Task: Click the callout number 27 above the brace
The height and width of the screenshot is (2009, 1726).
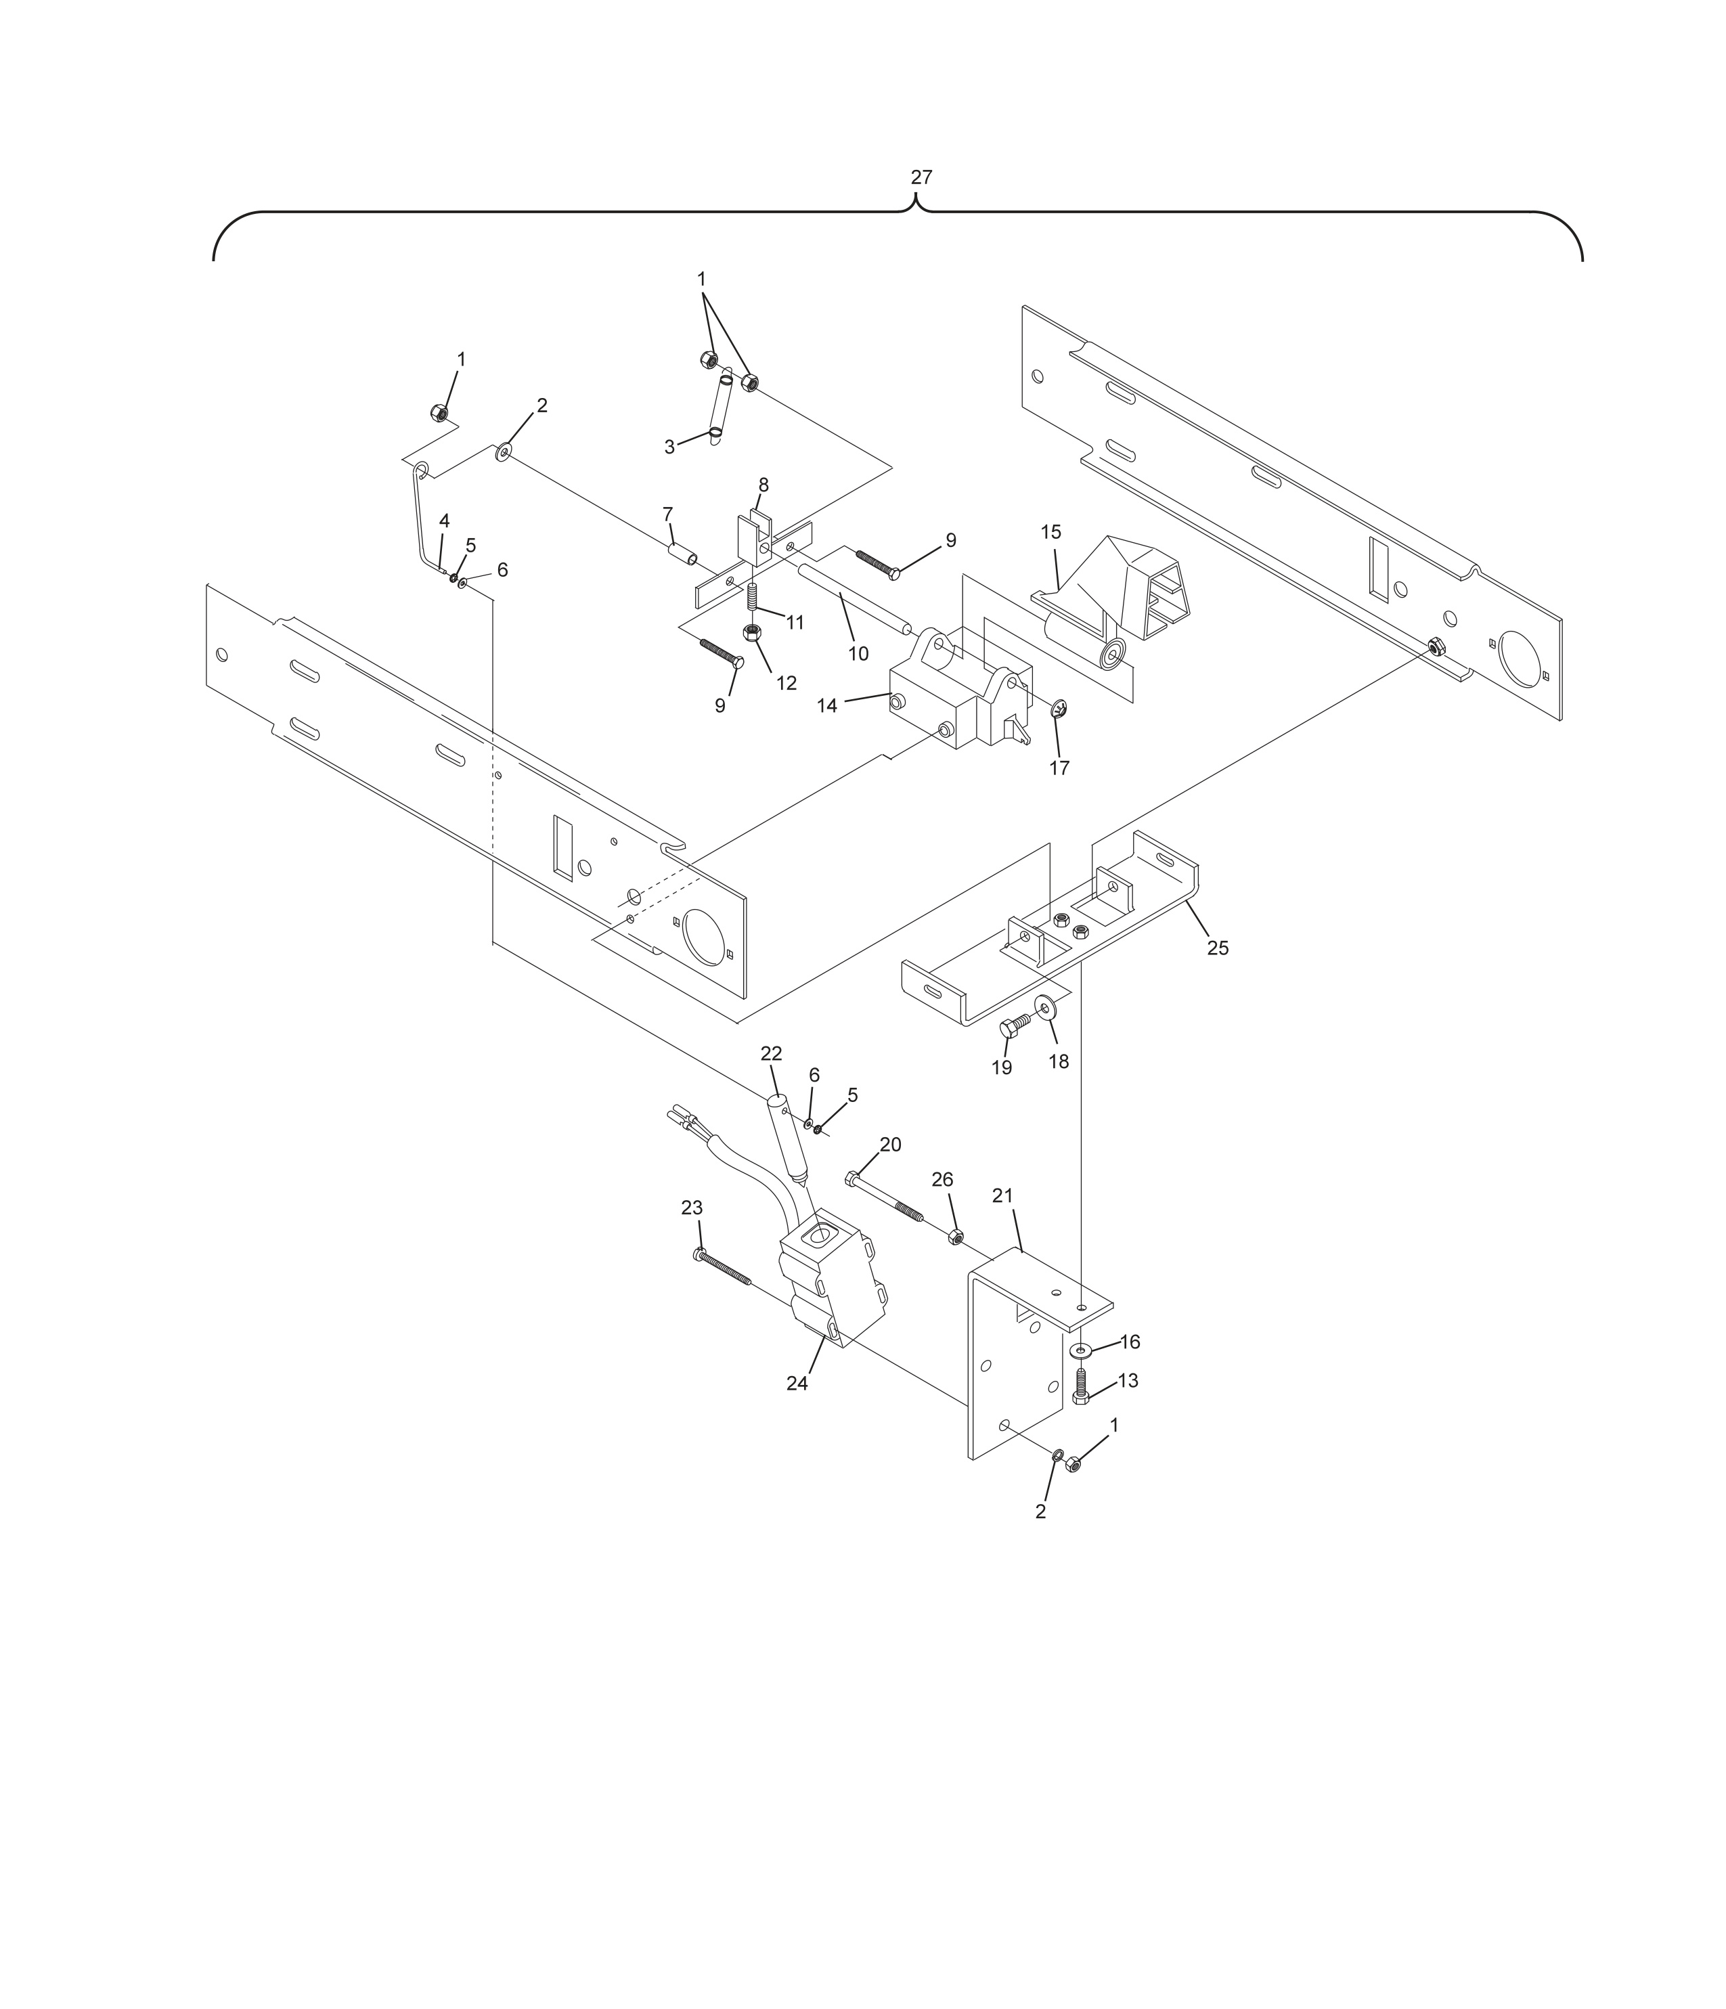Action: [921, 177]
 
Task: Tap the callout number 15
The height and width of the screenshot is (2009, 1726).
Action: [1051, 532]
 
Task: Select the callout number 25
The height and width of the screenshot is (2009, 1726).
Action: [1218, 948]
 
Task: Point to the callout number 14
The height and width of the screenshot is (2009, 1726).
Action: [827, 706]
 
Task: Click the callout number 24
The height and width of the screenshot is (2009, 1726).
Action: [797, 1384]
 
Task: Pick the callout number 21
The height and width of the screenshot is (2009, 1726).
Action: [1002, 1197]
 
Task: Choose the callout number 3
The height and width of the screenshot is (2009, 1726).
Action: [669, 447]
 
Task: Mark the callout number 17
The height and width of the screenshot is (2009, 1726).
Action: [1060, 768]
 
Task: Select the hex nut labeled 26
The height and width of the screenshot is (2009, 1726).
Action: [955, 1236]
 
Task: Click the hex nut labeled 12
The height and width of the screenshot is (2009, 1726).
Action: [751, 633]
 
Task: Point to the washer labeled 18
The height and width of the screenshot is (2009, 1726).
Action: [1047, 1009]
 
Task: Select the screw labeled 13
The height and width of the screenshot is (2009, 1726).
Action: [1081, 1386]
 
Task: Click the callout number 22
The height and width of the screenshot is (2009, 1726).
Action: [771, 1054]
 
